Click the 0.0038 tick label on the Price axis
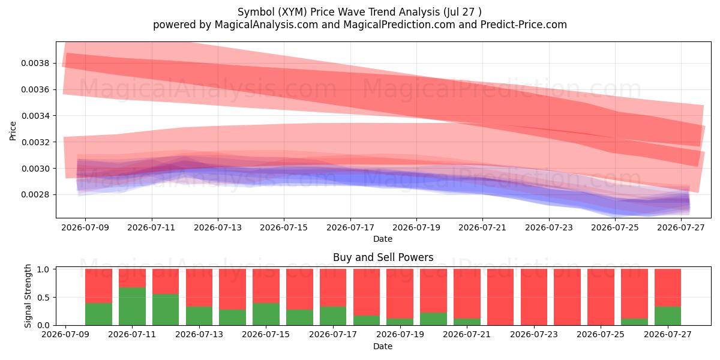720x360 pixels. (35, 63)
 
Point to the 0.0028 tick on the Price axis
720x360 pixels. (35, 195)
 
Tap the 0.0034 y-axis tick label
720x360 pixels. (35, 116)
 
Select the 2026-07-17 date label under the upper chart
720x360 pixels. (350, 227)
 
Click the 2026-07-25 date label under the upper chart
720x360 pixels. (615, 227)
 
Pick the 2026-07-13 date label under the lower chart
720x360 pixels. (199, 334)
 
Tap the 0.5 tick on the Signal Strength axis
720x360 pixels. (43, 298)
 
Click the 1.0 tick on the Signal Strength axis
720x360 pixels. (43, 269)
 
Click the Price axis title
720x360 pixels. (13, 131)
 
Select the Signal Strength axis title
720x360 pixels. (28, 296)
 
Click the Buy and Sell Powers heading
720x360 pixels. (383, 257)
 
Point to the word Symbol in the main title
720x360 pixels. (256, 12)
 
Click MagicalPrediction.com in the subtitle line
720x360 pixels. (399, 25)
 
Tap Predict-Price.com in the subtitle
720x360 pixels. (524, 25)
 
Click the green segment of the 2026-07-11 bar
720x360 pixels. (132, 307)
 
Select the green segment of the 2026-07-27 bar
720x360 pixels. (668, 316)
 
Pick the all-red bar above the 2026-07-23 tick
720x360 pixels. (534, 297)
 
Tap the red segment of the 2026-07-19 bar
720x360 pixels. (400, 294)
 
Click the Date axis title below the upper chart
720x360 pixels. (383, 239)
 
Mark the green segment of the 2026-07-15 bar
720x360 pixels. (266, 314)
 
